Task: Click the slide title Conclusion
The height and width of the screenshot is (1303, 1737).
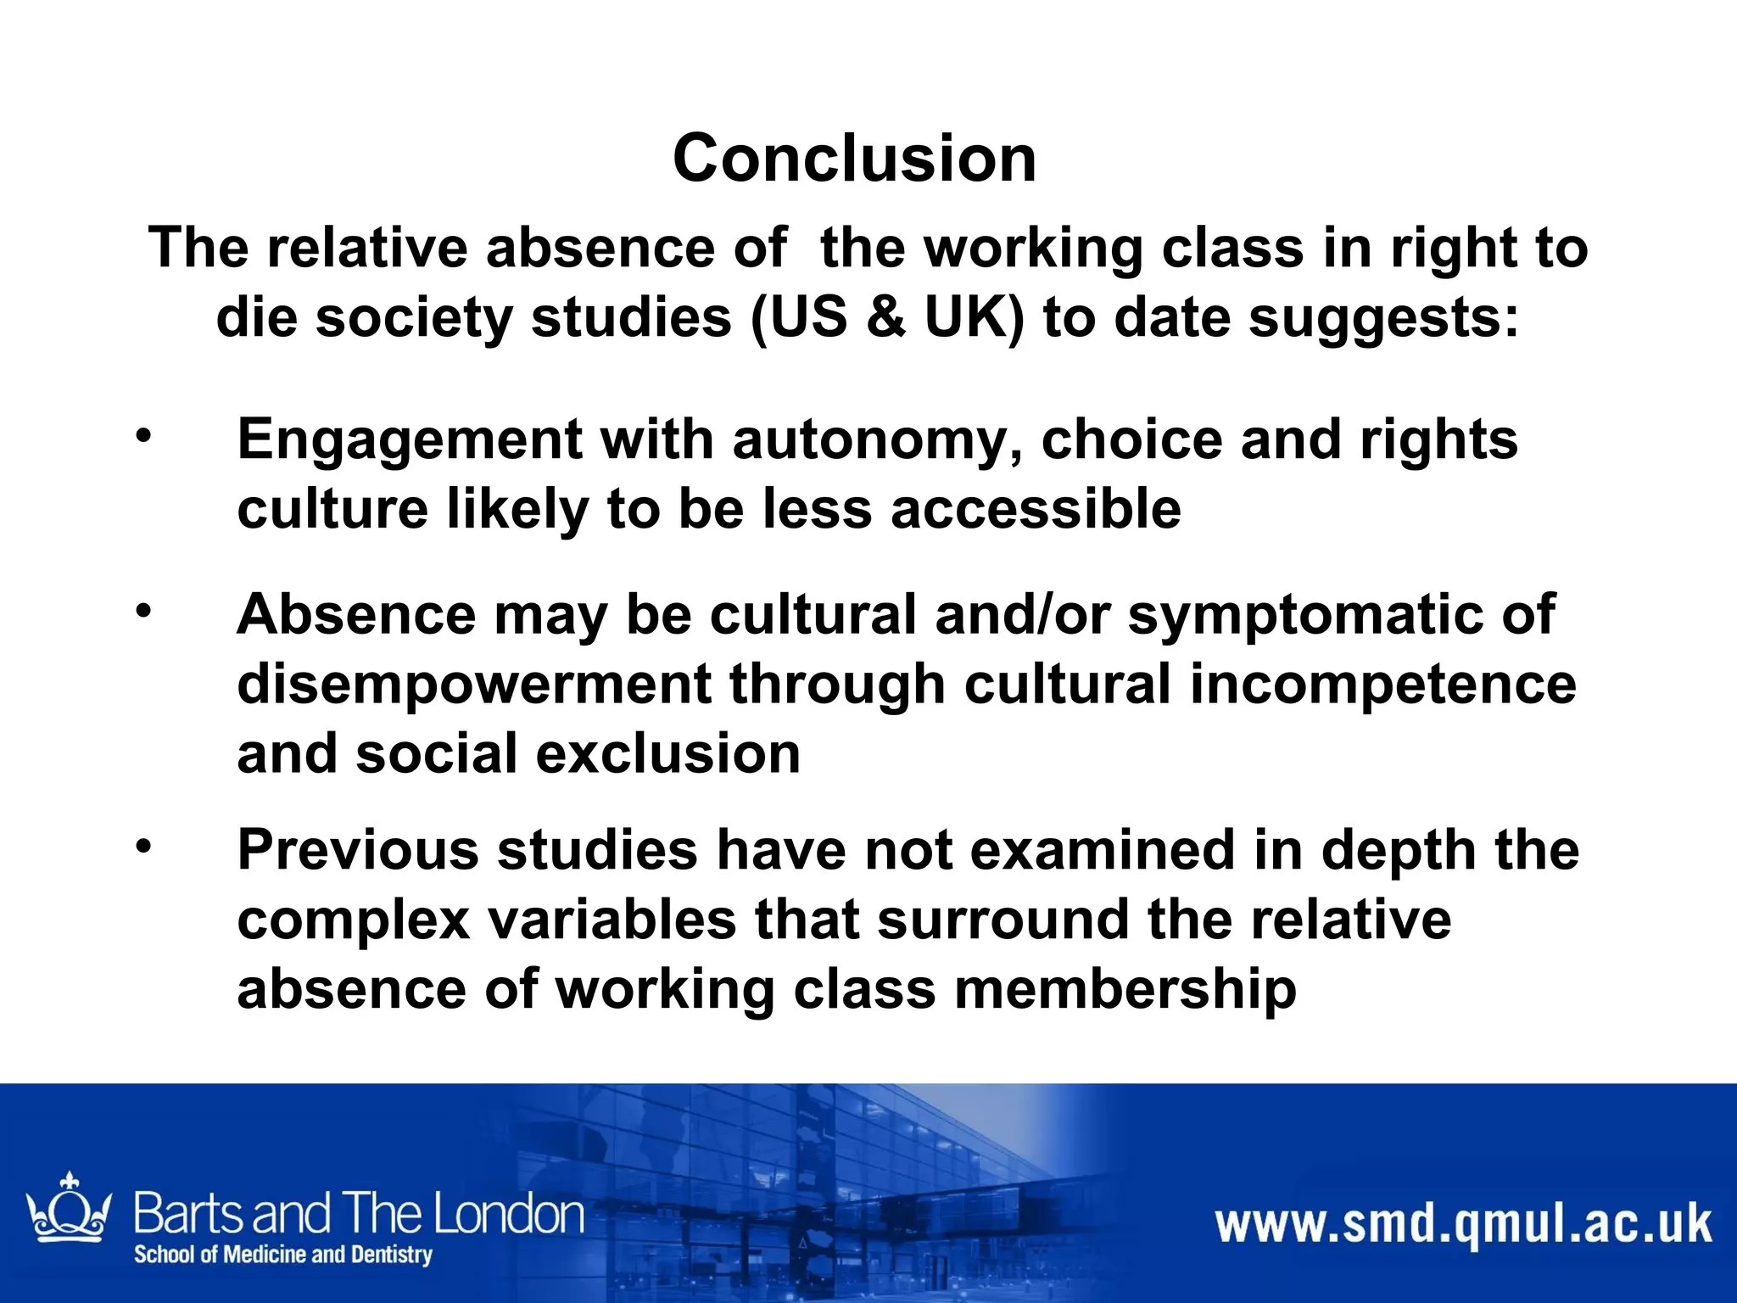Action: tap(854, 159)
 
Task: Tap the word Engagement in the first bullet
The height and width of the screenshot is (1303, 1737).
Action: tap(410, 440)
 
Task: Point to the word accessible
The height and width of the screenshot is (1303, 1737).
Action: tap(1036, 509)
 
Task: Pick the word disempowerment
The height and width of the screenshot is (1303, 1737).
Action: tap(474, 685)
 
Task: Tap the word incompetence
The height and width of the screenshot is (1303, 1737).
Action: tap(1382, 684)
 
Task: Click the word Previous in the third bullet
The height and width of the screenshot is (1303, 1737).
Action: tap(357, 850)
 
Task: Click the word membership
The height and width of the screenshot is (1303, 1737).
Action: tap(1125, 989)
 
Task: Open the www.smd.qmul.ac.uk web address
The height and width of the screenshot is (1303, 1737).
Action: tap(1463, 1225)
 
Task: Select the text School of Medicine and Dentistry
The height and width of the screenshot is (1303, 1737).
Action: tap(283, 1255)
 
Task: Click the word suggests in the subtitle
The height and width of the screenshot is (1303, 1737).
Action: tap(1382, 317)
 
